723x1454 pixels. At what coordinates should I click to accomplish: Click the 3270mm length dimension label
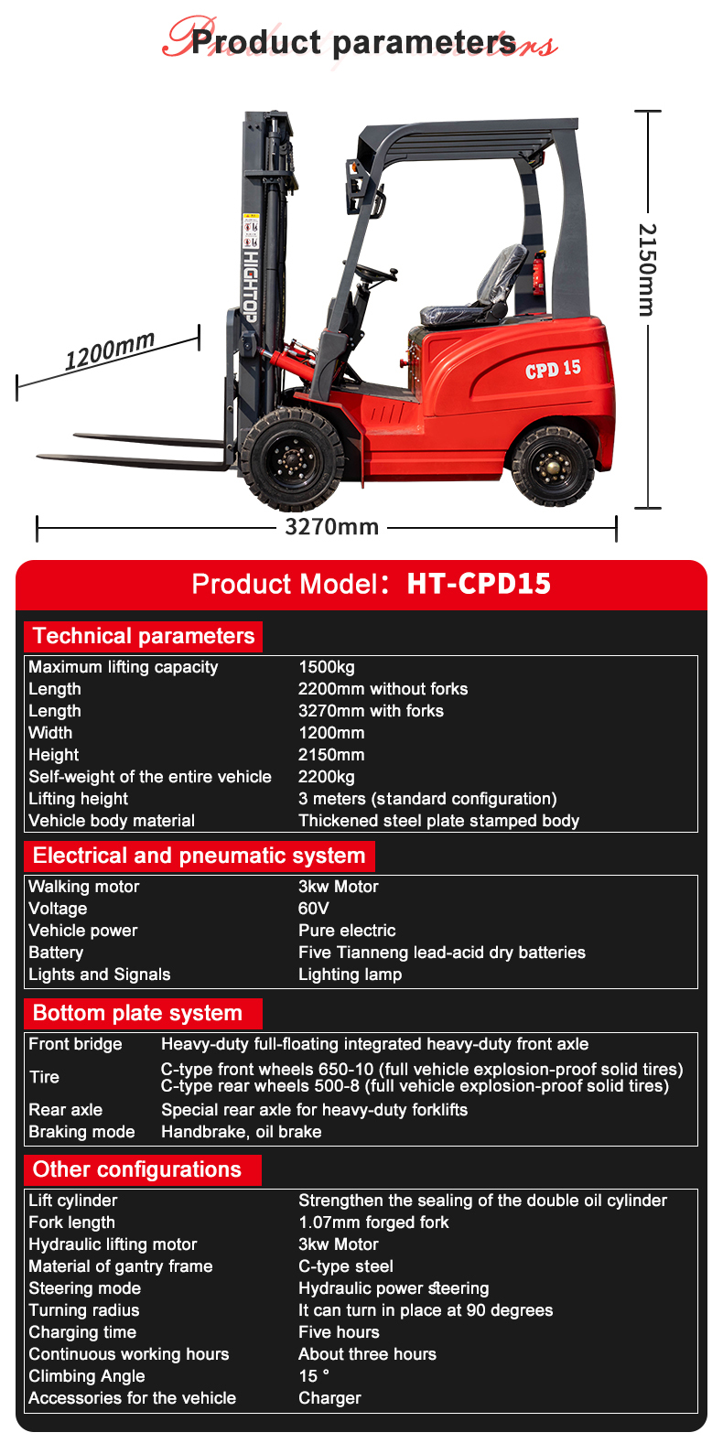(331, 527)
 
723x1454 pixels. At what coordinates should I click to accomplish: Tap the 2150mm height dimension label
(646, 269)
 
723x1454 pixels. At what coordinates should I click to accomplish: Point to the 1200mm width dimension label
(110, 350)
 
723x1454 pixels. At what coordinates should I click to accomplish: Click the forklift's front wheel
(291, 458)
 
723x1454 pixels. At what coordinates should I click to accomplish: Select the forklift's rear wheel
(552, 466)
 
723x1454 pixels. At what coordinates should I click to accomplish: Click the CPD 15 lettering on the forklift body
(553, 370)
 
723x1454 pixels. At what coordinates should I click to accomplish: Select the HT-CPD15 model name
(479, 584)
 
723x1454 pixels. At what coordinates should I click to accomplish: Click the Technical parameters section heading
(144, 636)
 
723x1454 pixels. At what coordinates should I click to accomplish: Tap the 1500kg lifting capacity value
(327, 667)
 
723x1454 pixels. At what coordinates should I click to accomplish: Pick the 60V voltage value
(314, 909)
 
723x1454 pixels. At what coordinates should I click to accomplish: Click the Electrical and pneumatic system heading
(199, 856)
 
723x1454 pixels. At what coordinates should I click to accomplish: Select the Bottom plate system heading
(137, 1013)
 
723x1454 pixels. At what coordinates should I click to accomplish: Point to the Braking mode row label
(81, 1132)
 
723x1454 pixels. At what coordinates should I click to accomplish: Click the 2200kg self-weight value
(327, 777)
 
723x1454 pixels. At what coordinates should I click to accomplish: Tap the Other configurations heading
(137, 1169)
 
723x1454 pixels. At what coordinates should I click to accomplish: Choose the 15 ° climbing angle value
(314, 1376)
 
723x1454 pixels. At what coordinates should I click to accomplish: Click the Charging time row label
(82, 1332)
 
